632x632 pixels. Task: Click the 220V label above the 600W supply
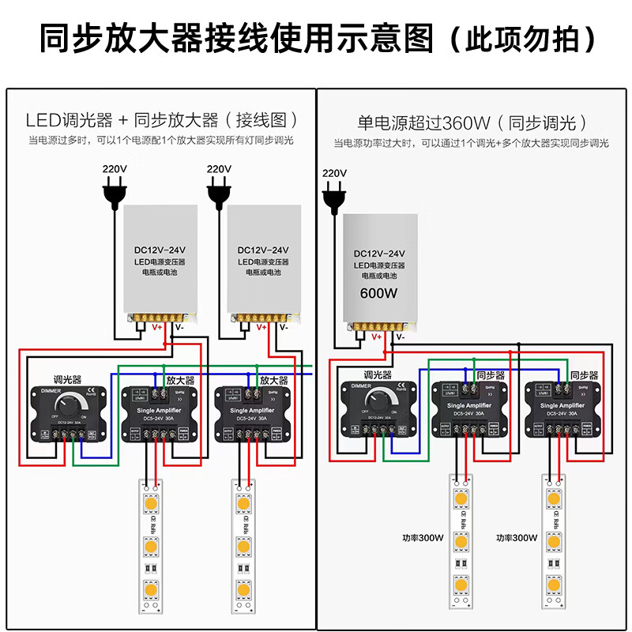pos(335,173)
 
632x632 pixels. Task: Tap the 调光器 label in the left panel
pos(66,379)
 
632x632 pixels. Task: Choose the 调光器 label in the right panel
pos(378,374)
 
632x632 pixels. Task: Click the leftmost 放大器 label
pos(180,380)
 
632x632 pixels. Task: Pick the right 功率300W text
pos(516,537)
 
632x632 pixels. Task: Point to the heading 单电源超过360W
pos(424,122)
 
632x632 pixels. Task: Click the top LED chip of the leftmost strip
pos(149,502)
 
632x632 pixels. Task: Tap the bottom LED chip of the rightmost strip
pos(552,585)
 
